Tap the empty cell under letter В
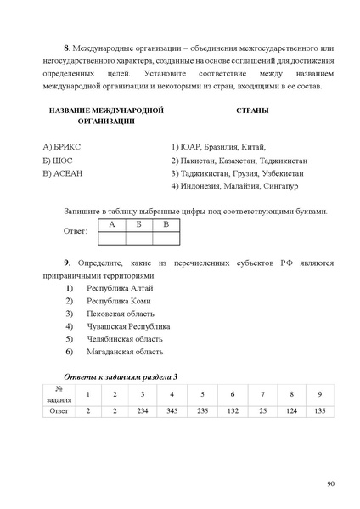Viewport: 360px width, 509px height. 166,237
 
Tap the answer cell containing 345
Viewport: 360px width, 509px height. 172,410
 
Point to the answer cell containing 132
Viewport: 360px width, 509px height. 231,410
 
